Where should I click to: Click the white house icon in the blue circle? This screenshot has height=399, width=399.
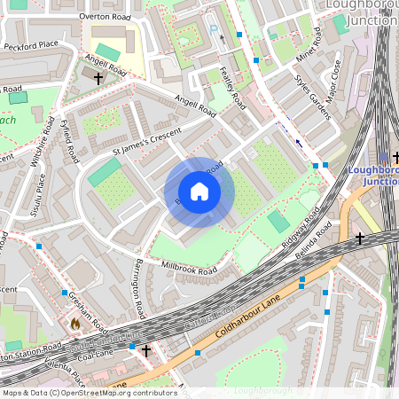[199, 192]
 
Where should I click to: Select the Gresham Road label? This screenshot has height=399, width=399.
[88, 309]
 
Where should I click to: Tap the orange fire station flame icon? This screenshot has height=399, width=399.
[75, 325]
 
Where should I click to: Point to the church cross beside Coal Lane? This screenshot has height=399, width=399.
[145, 351]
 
